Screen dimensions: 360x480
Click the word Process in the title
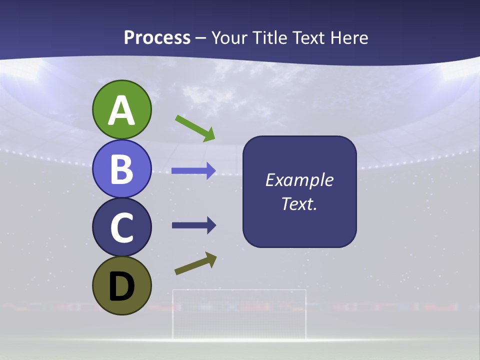(x=157, y=38)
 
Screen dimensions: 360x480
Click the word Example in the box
(x=299, y=180)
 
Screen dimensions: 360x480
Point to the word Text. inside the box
(x=299, y=204)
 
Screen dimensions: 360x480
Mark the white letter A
(x=121, y=110)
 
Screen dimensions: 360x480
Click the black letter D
(x=121, y=286)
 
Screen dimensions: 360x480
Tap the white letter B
(x=121, y=169)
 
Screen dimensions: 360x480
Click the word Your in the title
(x=228, y=38)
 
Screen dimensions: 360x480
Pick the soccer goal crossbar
(x=239, y=290)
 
